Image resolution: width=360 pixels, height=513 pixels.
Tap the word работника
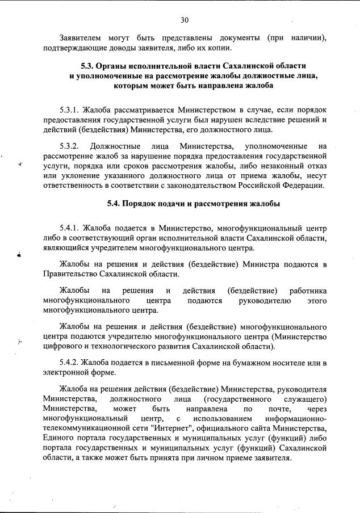click(307, 291)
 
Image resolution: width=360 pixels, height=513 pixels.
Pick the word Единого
click(60, 438)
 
